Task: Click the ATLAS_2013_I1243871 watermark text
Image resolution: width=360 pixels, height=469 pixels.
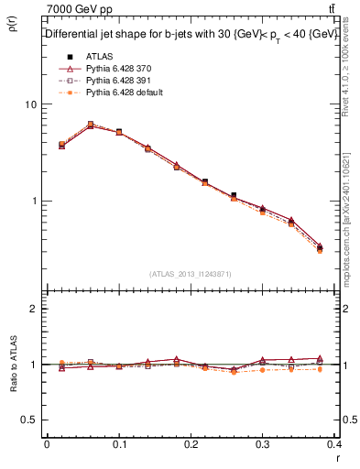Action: coord(191,274)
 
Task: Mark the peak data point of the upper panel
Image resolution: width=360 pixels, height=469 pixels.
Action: coord(91,125)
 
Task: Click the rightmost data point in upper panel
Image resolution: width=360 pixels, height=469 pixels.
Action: coord(319,247)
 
